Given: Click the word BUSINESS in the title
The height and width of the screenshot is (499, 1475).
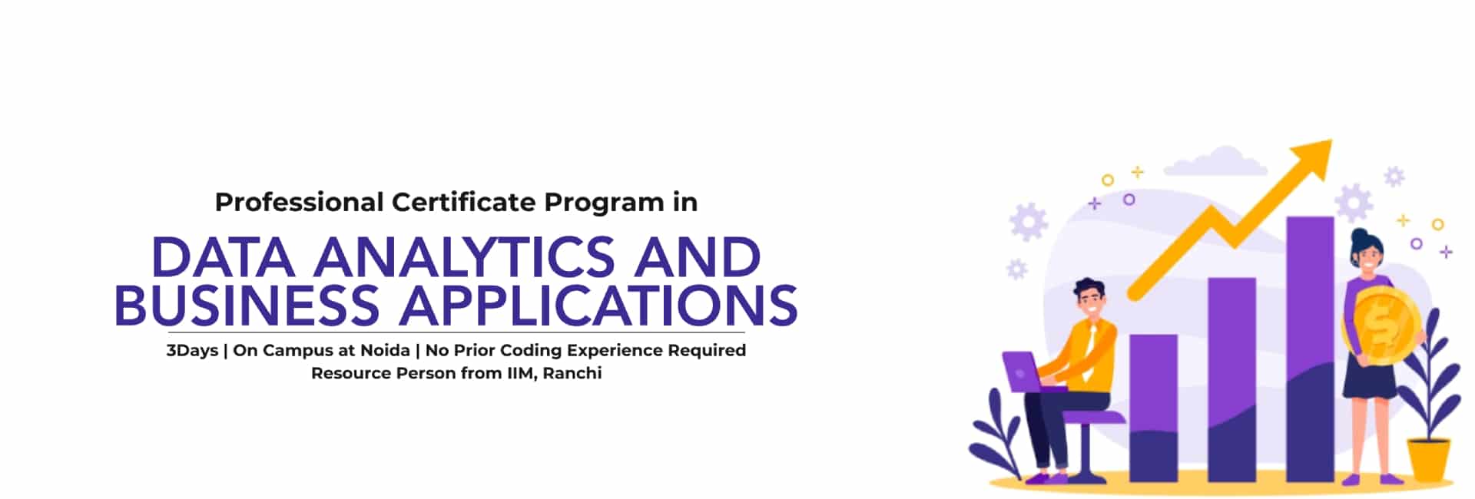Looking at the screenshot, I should pos(247,306).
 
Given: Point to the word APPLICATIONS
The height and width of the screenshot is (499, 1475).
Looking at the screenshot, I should pos(598,306).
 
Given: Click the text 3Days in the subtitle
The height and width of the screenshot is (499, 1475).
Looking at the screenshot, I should pos(192,351).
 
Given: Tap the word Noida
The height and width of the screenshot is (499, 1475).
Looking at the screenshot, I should pos(385,351).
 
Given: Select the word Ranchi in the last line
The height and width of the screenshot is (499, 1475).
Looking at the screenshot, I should pos(572,374).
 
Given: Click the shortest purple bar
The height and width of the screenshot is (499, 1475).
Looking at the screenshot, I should pos(1153,407).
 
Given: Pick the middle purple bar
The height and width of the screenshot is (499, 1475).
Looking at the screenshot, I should pos(1231,380).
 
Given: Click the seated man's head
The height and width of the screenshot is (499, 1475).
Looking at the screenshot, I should pos(1089,299).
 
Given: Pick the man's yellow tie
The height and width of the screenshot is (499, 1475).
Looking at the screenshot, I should pos(1091,349).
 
